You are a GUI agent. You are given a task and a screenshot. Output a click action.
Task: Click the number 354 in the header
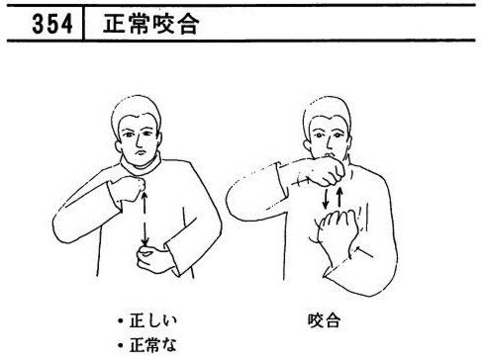[x=52, y=24]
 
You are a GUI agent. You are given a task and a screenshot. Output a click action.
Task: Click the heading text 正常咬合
[x=151, y=24]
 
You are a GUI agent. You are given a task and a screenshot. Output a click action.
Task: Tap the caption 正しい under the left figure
[x=153, y=320]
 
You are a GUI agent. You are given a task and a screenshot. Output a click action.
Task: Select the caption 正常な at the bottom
[x=153, y=345]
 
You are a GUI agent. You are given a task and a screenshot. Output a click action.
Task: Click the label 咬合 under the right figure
[x=324, y=320]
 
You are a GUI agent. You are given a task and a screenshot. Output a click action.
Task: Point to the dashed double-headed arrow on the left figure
[x=145, y=220]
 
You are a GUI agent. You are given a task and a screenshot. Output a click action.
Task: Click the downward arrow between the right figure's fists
[x=326, y=198]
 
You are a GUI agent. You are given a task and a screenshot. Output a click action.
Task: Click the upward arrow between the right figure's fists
[x=339, y=197]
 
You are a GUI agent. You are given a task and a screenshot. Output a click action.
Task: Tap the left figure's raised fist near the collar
[x=130, y=188]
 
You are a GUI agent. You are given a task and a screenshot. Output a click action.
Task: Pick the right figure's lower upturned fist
[x=337, y=230]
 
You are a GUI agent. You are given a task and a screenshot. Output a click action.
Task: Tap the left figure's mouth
[x=141, y=153]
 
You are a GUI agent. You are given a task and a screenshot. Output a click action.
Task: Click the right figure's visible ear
[x=308, y=144]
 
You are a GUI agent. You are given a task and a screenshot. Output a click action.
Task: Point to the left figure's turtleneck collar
[x=142, y=167]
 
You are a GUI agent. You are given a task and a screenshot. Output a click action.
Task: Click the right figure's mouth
[x=330, y=155]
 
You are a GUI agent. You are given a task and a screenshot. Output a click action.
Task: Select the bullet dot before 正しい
[x=121, y=321]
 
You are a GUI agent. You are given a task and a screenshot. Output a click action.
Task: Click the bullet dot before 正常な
[x=121, y=345]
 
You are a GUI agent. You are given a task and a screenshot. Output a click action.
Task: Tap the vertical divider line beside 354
[x=83, y=23]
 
